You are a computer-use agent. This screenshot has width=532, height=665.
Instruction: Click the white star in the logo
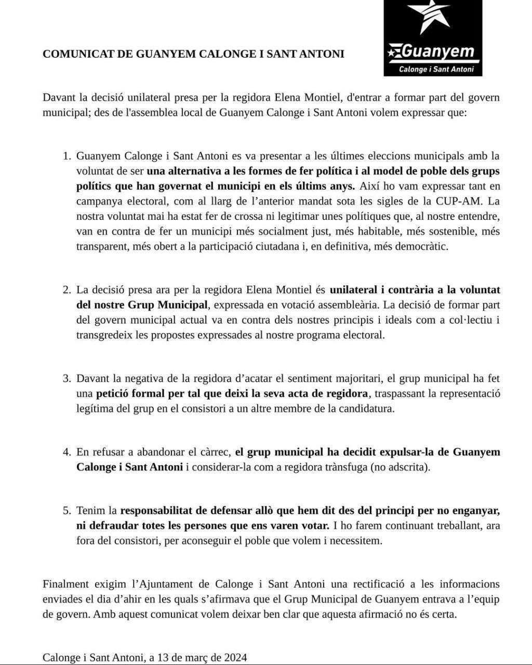[430, 18]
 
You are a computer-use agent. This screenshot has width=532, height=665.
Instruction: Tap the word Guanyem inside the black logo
[437, 51]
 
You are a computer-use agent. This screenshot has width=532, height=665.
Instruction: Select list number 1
[66, 156]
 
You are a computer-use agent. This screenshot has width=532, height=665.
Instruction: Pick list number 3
[66, 379]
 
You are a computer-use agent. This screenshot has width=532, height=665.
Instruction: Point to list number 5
[66, 511]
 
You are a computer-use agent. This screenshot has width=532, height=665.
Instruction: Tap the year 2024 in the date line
[235, 657]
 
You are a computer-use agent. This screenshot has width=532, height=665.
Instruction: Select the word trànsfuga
[344, 467]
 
